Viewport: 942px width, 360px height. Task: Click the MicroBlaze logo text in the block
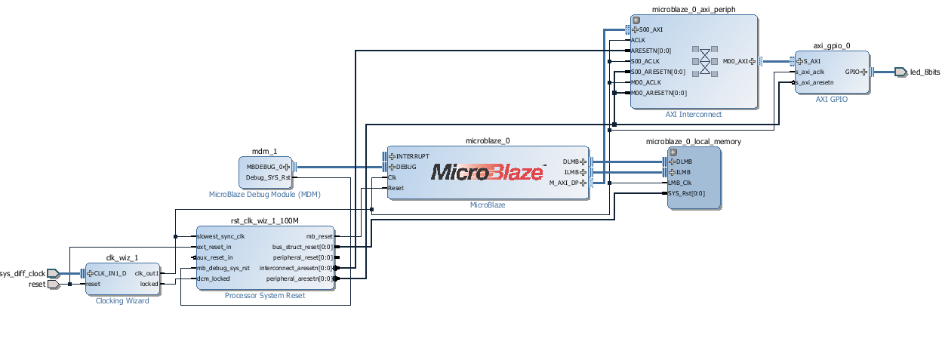tap(487, 172)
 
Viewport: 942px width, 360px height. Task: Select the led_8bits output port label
tap(925, 72)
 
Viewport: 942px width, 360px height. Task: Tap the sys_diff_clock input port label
tap(23, 273)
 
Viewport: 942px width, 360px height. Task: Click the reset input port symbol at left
tap(54, 285)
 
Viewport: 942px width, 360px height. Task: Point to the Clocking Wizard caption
tap(122, 301)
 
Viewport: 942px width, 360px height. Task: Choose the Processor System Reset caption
tap(265, 295)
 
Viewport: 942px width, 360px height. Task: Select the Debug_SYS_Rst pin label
tap(268, 178)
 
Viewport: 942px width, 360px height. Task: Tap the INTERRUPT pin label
tap(412, 156)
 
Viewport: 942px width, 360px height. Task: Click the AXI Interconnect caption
tap(693, 115)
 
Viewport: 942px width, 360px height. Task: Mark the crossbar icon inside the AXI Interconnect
tap(705, 61)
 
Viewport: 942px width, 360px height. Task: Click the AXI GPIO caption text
tap(832, 99)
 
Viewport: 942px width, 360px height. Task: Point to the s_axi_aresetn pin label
tap(816, 82)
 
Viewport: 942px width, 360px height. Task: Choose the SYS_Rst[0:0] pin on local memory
tap(687, 193)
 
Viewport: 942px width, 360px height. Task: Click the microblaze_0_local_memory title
tap(693, 141)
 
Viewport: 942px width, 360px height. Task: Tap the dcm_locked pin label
tap(214, 278)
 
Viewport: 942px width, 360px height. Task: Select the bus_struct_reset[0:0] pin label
tap(302, 247)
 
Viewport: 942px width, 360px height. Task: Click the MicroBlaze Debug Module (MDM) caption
tap(264, 194)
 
